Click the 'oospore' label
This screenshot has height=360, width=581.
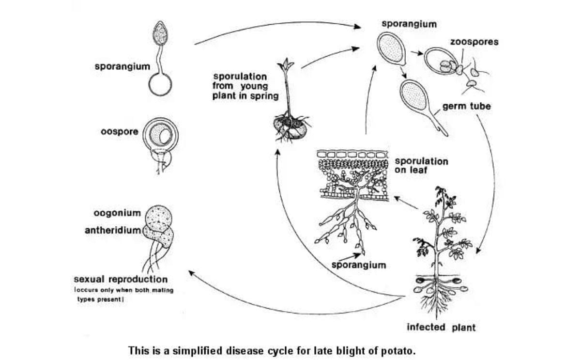(x=119, y=131)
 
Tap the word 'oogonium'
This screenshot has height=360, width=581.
(x=118, y=213)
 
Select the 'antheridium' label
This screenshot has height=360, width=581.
(x=113, y=230)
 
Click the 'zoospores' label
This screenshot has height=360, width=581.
(x=474, y=42)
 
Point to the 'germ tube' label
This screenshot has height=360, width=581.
(x=466, y=106)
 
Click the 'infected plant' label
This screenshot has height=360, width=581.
(x=441, y=328)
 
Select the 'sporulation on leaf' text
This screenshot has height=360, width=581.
(x=421, y=166)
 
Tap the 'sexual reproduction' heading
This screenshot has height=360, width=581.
(x=121, y=280)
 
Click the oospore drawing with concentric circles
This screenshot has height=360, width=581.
(x=160, y=136)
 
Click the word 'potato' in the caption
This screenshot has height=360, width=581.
(x=399, y=350)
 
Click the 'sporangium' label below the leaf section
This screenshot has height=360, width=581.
(x=359, y=265)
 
